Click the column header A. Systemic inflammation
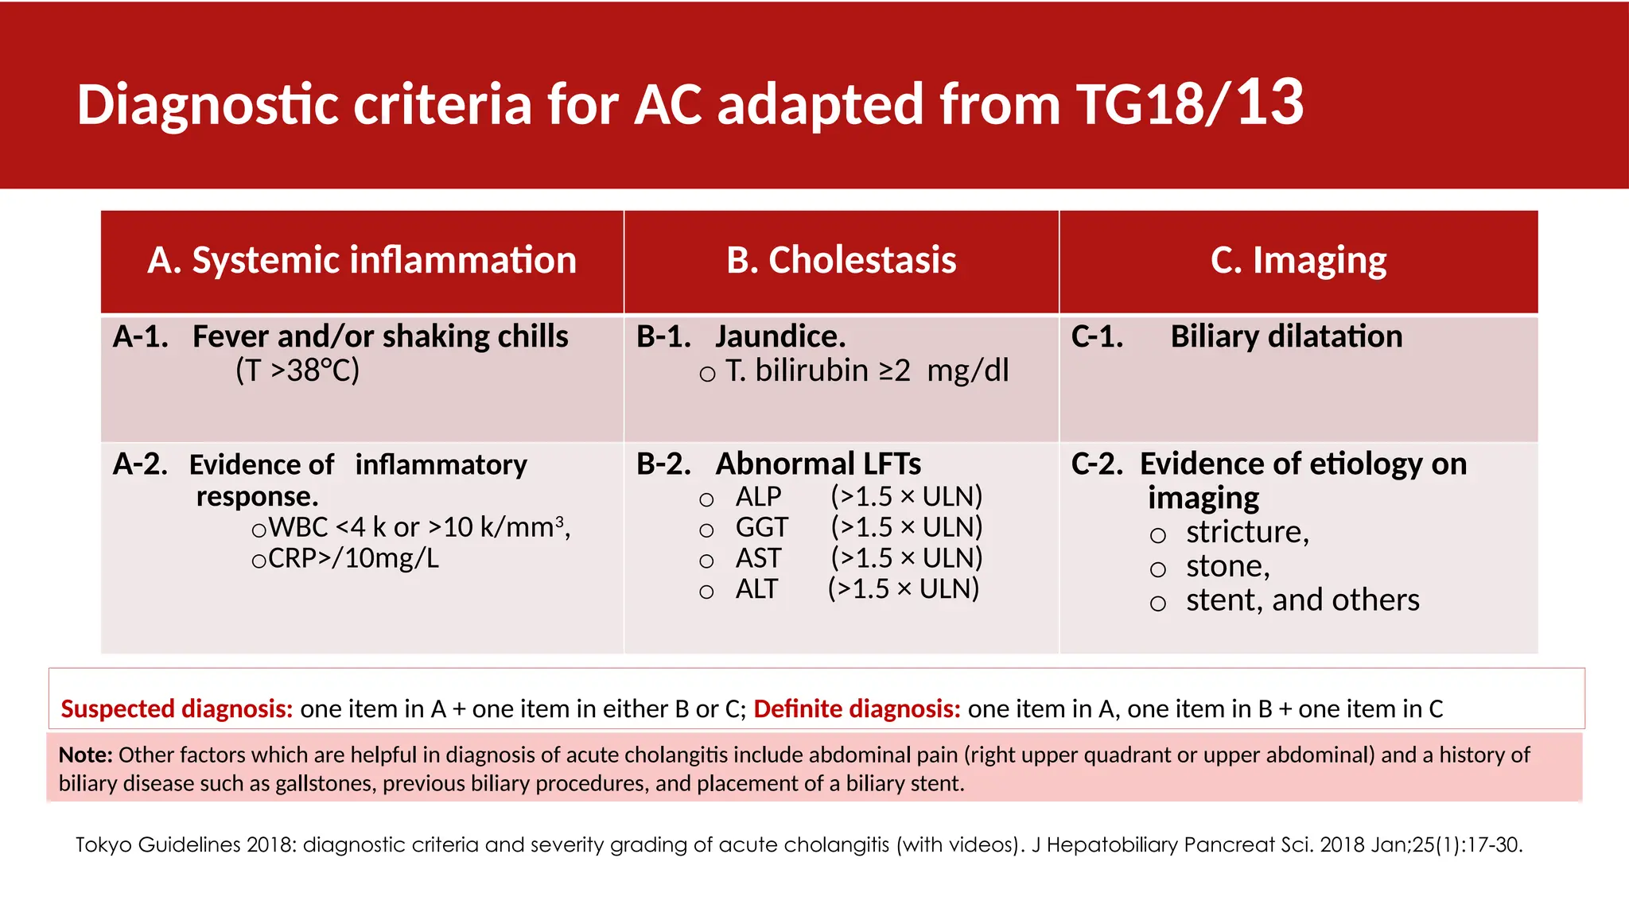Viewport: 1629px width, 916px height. tap(362, 261)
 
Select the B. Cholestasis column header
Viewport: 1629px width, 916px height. tap(841, 261)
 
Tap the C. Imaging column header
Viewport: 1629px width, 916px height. tap(1298, 261)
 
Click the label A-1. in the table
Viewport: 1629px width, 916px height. tap(141, 337)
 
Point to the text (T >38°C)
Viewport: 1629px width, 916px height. tap(297, 371)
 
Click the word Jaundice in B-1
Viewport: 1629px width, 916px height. tap(780, 337)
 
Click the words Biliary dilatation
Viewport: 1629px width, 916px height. tap(1286, 337)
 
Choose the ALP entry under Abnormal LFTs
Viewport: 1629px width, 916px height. tap(758, 497)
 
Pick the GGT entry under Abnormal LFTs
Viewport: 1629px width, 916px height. tap(761, 528)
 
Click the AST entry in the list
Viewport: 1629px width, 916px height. tap(758, 559)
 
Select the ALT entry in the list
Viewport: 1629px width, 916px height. tap(756, 589)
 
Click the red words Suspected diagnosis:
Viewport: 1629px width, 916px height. tap(177, 708)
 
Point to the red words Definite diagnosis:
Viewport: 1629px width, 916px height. tap(857, 708)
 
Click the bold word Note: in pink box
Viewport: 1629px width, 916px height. tap(85, 755)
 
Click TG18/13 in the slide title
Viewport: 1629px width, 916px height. tap(1189, 104)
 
